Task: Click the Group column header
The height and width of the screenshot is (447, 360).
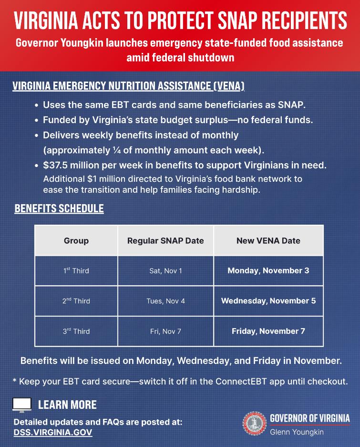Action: coord(76,241)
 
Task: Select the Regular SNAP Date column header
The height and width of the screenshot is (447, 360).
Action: coord(165,241)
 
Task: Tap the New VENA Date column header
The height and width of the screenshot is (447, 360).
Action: coord(268,241)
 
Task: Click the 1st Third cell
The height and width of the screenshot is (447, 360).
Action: coord(76,271)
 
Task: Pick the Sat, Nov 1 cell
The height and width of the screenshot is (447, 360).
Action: coord(165,271)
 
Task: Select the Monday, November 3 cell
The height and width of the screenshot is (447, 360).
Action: coord(268,270)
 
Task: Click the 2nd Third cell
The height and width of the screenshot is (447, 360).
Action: coord(76,301)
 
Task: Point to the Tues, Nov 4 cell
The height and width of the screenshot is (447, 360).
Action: coord(165,301)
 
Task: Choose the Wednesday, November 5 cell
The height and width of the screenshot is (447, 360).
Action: coord(268,301)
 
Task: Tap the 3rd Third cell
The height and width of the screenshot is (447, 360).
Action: coord(76,331)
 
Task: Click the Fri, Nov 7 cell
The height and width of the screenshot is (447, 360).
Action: coord(165,331)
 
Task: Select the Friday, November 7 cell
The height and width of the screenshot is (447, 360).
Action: coord(268,331)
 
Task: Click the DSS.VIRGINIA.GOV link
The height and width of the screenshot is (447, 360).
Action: coord(53,433)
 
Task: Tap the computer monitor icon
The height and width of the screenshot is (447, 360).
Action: coord(21,405)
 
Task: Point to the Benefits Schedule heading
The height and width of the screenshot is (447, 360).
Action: coord(59,209)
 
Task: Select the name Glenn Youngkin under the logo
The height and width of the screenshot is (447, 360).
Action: coord(297,432)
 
